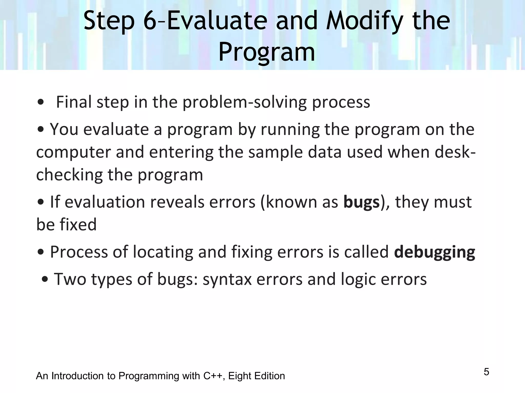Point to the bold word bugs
click(361, 202)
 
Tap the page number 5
click(486, 372)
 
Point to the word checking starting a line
click(69, 175)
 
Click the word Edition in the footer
click(269, 376)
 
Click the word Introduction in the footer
click(78, 376)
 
